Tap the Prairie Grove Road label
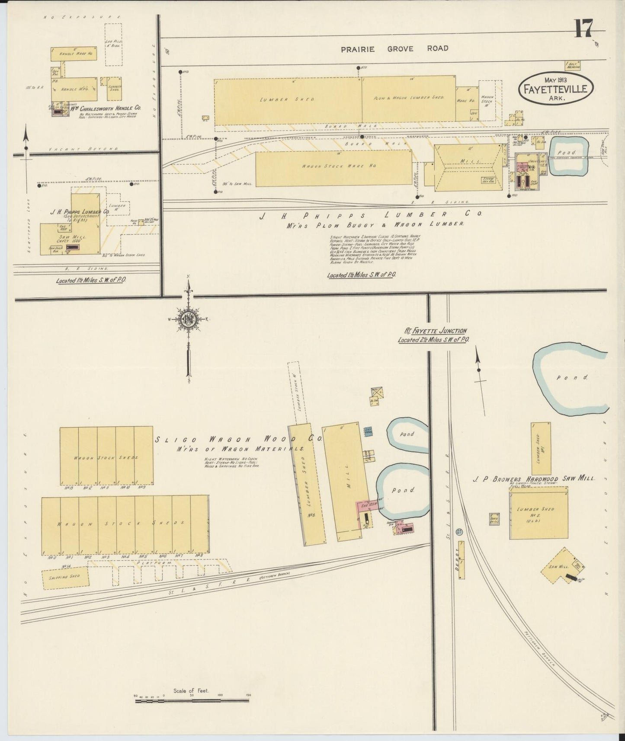coord(394,48)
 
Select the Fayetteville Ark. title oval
coord(556,88)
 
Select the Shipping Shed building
coord(65,577)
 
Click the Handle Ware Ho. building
coord(74,54)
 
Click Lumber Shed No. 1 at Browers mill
coord(541,448)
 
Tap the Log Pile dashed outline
coord(113,45)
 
